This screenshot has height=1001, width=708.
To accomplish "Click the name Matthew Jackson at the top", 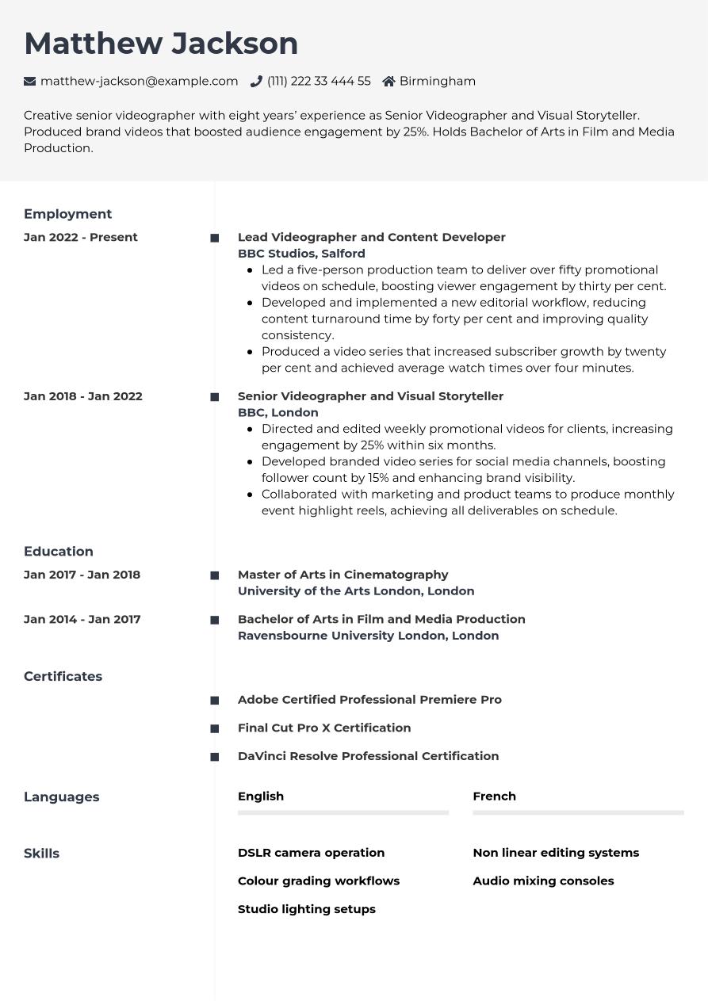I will coord(161,44).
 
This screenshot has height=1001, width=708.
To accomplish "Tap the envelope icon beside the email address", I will coord(30,81).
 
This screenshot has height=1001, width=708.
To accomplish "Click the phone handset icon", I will coord(256,81).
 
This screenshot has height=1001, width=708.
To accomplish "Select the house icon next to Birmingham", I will coord(388,81).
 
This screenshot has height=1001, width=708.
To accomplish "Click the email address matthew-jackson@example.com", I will coord(139,81).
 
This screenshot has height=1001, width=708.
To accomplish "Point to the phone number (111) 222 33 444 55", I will coord(319,81).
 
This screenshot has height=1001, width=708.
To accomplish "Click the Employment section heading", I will coord(67,214).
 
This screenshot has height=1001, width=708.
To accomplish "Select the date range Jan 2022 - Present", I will coord(81,237).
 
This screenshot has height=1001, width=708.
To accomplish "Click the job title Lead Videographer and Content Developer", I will coord(371,237).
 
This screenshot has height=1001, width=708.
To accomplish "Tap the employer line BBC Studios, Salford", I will coord(301,254).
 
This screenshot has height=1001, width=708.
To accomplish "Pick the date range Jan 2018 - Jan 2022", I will coord(83,396).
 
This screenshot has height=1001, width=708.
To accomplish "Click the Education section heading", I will coord(59,552).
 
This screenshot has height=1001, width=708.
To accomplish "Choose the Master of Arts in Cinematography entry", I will coord(343,575).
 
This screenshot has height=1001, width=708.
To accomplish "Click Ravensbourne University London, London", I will coord(368,636).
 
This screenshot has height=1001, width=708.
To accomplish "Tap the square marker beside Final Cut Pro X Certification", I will coord(214,728).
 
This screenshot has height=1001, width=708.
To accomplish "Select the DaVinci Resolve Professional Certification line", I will coord(368,756).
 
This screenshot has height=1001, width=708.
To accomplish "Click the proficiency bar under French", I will coord(578,812).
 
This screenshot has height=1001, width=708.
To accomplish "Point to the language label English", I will coord(261,796).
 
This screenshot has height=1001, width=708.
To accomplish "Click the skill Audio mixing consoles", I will coord(543,881).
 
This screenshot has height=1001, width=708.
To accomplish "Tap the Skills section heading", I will coord(41,854).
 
